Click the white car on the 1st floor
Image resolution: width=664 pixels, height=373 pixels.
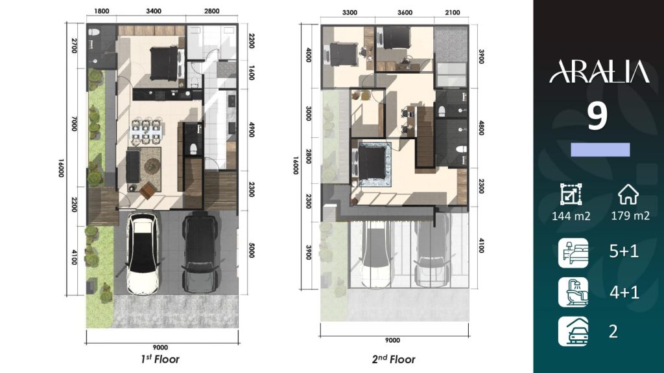143,253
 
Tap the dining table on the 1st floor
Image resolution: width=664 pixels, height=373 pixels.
146,131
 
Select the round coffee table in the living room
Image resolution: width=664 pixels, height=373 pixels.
152,166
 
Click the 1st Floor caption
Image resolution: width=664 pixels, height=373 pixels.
160,359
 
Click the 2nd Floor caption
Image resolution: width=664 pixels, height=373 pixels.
394,359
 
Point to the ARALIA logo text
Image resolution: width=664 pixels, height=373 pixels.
599,71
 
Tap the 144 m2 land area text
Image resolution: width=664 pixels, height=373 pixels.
571,216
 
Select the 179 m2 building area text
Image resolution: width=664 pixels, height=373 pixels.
630,216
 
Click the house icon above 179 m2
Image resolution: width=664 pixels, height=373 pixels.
628,194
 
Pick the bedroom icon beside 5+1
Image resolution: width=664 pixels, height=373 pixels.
573,253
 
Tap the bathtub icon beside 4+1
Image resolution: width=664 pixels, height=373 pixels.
573,292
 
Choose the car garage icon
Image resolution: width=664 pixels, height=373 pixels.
573,331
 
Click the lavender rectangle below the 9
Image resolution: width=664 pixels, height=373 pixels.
600,150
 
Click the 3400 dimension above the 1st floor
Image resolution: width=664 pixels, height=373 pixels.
153,11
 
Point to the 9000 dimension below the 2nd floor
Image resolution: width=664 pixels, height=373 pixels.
392,341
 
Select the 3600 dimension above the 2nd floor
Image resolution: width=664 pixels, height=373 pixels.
405,13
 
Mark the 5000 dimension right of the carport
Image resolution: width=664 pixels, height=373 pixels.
252,250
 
